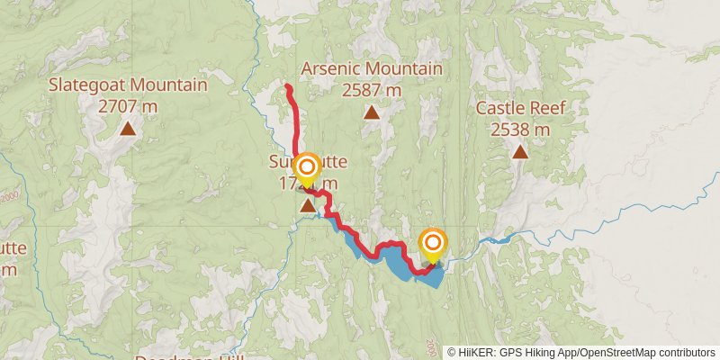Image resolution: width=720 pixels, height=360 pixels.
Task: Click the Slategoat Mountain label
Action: tap(128, 85)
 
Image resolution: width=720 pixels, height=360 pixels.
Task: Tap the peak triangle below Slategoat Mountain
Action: tap(128, 130)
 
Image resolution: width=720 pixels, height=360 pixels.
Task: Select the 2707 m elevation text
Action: tap(128, 105)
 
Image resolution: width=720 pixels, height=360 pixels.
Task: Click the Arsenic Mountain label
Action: tap(371, 69)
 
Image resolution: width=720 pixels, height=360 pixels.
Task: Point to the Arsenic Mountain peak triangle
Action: tap(371, 112)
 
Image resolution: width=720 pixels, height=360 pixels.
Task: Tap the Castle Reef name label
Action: tap(520, 109)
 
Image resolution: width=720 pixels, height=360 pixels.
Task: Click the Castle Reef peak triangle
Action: tap(520, 151)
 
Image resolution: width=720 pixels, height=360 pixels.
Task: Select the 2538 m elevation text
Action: tap(520, 129)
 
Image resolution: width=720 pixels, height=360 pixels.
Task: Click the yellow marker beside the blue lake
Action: tap(433, 243)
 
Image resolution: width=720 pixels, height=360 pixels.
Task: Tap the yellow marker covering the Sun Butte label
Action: tap(308, 168)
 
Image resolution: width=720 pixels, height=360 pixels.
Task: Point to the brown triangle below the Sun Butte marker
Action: tap(308, 206)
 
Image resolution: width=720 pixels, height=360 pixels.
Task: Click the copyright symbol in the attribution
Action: tap(451, 352)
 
